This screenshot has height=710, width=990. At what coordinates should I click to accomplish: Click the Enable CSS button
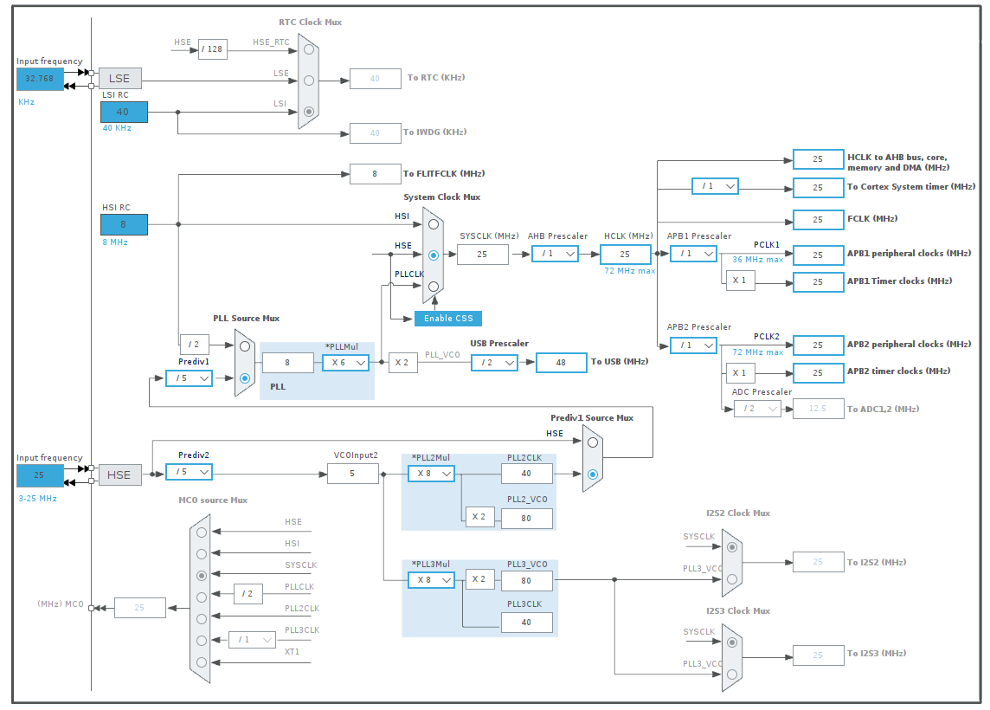tap(447, 319)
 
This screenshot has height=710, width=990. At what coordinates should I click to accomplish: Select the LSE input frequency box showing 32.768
tap(40, 79)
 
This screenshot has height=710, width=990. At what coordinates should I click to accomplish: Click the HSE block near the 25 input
tap(119, 474)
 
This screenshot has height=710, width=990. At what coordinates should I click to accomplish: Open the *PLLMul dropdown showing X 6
tap(345, 363)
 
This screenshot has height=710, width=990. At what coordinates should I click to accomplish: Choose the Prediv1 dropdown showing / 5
tap(189, 378)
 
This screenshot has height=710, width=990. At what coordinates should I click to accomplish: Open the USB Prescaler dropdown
tap(494, 363)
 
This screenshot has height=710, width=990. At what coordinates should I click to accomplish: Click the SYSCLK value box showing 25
tap(482, 255)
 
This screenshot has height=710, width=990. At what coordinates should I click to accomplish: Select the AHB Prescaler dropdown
tap(555, 255)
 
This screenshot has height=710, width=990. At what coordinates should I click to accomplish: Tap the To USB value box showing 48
tap(561, 363)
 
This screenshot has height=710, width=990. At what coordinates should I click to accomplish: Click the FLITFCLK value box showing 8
tap(375, 174)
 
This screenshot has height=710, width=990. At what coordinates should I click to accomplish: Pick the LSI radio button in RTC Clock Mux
tap(309, 112)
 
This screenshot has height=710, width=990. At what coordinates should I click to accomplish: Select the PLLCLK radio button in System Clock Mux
tap(433, 286)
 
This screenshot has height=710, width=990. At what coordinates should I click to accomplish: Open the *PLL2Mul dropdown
tap(431, 474)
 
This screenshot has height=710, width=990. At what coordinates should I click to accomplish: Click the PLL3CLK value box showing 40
tap(526, 622)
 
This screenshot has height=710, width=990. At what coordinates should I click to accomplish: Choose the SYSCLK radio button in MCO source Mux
tap(202, 575)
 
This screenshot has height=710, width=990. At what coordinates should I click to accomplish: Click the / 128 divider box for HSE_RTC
tap(211, 48)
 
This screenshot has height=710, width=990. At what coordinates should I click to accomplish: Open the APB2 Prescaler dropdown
tap(693, 345)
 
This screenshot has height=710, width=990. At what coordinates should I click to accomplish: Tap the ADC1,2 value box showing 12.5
tap(818, 409)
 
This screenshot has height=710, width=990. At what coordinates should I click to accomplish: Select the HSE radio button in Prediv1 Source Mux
tap(592, 442)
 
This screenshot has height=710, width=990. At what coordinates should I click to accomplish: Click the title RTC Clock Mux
tap(310, 22)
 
